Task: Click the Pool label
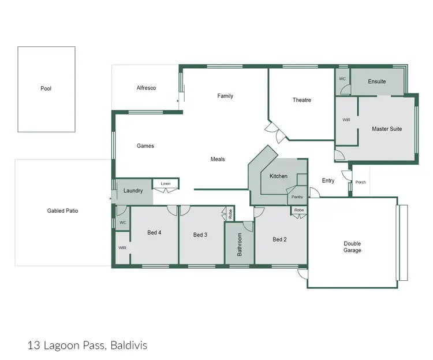(46, 88)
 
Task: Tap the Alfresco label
(146, 88)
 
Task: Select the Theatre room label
(301, 100)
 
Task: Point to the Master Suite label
(386, 129)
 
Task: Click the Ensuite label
(376, 81)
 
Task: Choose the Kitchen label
(278, 176)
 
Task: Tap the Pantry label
(297, 197)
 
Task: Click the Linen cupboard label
(166, 183)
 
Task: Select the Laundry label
(133, 190)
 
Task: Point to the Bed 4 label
(154, 233)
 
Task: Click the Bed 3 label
(200, 235)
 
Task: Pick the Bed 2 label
(279, 239)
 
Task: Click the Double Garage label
(352, 247)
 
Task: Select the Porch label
(360, 183)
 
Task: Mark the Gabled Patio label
(62, 211)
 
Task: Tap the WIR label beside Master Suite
(346, 120)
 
